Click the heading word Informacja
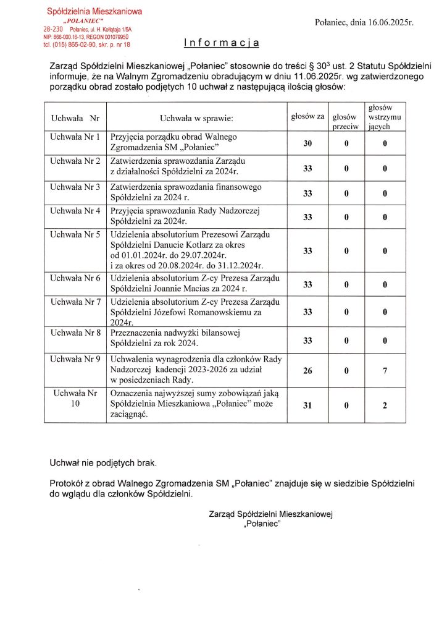pos(222,43)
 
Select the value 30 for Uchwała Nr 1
pos(307,143)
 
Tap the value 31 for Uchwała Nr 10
pos(307,405)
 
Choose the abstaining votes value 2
pos(385,405)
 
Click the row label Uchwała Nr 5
pos(75,234)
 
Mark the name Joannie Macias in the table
pos(186,289)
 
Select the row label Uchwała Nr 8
pos(75,333)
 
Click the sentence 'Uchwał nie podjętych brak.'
pos(103,462)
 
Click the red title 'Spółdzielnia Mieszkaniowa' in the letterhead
pos(94,11)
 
